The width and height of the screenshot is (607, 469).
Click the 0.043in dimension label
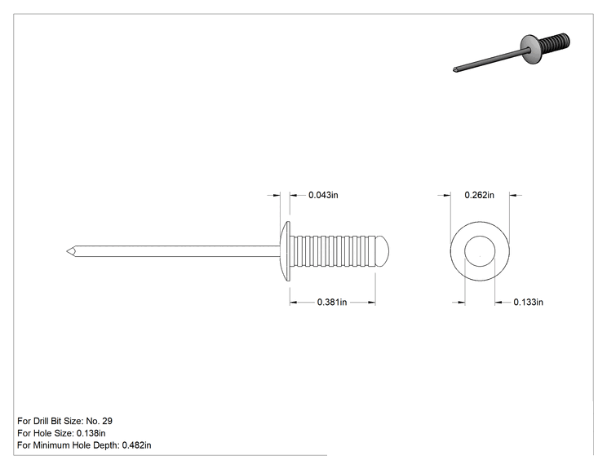coord(323,195)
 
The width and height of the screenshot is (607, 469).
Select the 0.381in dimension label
coord(332,302)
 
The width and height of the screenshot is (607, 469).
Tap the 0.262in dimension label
coord(479,195)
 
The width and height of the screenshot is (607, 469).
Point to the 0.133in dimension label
coord(528,302)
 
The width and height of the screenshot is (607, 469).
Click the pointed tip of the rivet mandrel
coord(67,251)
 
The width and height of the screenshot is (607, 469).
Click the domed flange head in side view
coord(286,251)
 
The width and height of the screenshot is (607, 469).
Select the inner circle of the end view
coord(480,236)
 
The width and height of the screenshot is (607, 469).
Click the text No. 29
coord(99,421)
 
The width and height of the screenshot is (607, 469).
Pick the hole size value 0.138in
coord(91,433)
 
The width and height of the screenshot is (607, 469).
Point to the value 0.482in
coord(136,445)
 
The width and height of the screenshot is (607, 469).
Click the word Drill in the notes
coord(41,421)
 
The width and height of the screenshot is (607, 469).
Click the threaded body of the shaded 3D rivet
coord(554,42)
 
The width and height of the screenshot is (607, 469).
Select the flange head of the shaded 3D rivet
coord(529,49)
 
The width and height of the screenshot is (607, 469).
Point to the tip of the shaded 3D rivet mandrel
coord(454,70)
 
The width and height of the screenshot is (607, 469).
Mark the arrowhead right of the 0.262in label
coord(513,196)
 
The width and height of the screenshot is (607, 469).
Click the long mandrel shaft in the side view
coord(174,251)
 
